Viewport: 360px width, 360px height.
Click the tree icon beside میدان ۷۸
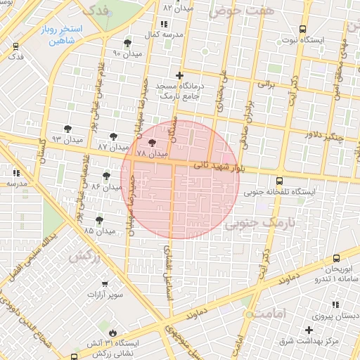pyautogui.click(x=153, y=142)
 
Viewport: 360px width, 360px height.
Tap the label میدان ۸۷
pyautogui.click(x=112, y=147)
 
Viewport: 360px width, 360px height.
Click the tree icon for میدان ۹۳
pyautogui.click(x=67, y=129)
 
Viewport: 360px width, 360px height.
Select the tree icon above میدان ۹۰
pyautogui.click(x=127, y=42)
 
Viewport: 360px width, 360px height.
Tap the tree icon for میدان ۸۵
pyautogui.click(x=99, y=219)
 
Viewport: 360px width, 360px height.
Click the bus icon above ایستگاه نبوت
pyautogui.click(x=302, y=30)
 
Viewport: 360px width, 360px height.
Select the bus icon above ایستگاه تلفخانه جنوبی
pyautogui.click(x=280, y=180)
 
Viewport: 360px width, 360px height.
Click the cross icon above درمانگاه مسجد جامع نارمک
pyautogui.click(x=179, y=75)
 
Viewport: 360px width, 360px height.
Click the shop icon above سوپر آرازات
pyautogui.click(x=105, y=284)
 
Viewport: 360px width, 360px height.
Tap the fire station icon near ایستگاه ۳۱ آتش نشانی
pyautogui.click(x=113, y=332)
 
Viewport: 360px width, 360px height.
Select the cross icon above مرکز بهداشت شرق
pyautogui.click(x=309, y=329)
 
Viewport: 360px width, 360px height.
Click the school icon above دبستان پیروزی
pyautogui.click(x=335, y=304)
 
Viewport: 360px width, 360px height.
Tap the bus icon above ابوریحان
pyautogui.click(x=336, y=259)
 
